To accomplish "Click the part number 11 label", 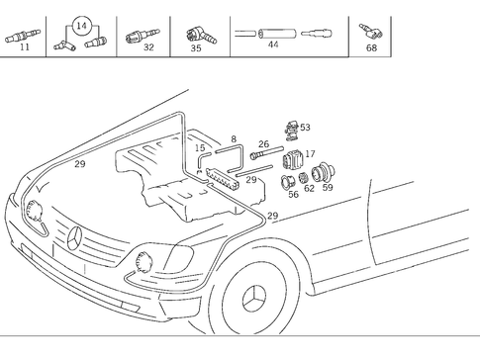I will pos(25,46).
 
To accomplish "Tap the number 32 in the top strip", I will pos(148,46).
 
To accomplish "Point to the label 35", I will pos(196,46).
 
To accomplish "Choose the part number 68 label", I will pos(372,46).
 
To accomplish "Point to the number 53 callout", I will pos(305,127).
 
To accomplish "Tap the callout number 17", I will pos(310,153).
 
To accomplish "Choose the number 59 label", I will pos(327,186).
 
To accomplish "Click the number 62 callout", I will pos(309,187).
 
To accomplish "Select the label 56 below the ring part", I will pos(293,194).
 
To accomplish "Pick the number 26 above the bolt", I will pos(263,144).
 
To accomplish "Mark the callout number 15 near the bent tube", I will pos(199,148).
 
